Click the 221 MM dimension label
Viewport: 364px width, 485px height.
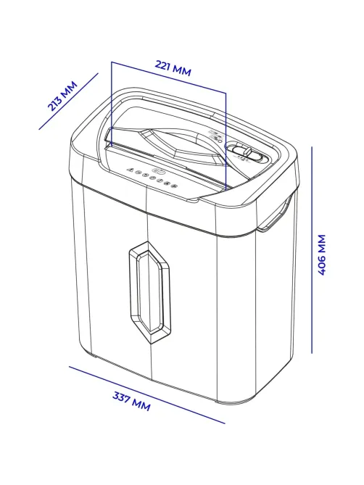click(173, 68)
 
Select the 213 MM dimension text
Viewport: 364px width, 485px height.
click(62, 96)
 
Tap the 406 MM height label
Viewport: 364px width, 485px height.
click(322, 254)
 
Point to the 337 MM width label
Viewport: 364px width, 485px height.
click(131, 401)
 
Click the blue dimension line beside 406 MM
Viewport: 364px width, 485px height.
click(312, 250)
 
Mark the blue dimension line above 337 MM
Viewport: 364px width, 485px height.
click(147, 395)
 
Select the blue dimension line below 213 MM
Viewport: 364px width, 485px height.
click(68, 101)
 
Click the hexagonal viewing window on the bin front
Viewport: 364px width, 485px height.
click(149, 293)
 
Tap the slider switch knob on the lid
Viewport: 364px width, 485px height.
click(248, 152)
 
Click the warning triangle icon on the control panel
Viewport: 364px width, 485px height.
click(131, 170)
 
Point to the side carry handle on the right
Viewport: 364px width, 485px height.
click(276, 213)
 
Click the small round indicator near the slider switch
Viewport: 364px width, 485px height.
click(220, 139)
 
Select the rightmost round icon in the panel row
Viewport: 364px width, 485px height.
click(174, 186)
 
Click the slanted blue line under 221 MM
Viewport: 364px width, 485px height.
click(169, 78)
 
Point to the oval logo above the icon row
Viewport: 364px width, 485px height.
click(157, 170)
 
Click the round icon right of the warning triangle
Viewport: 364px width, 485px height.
click(138, 173)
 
